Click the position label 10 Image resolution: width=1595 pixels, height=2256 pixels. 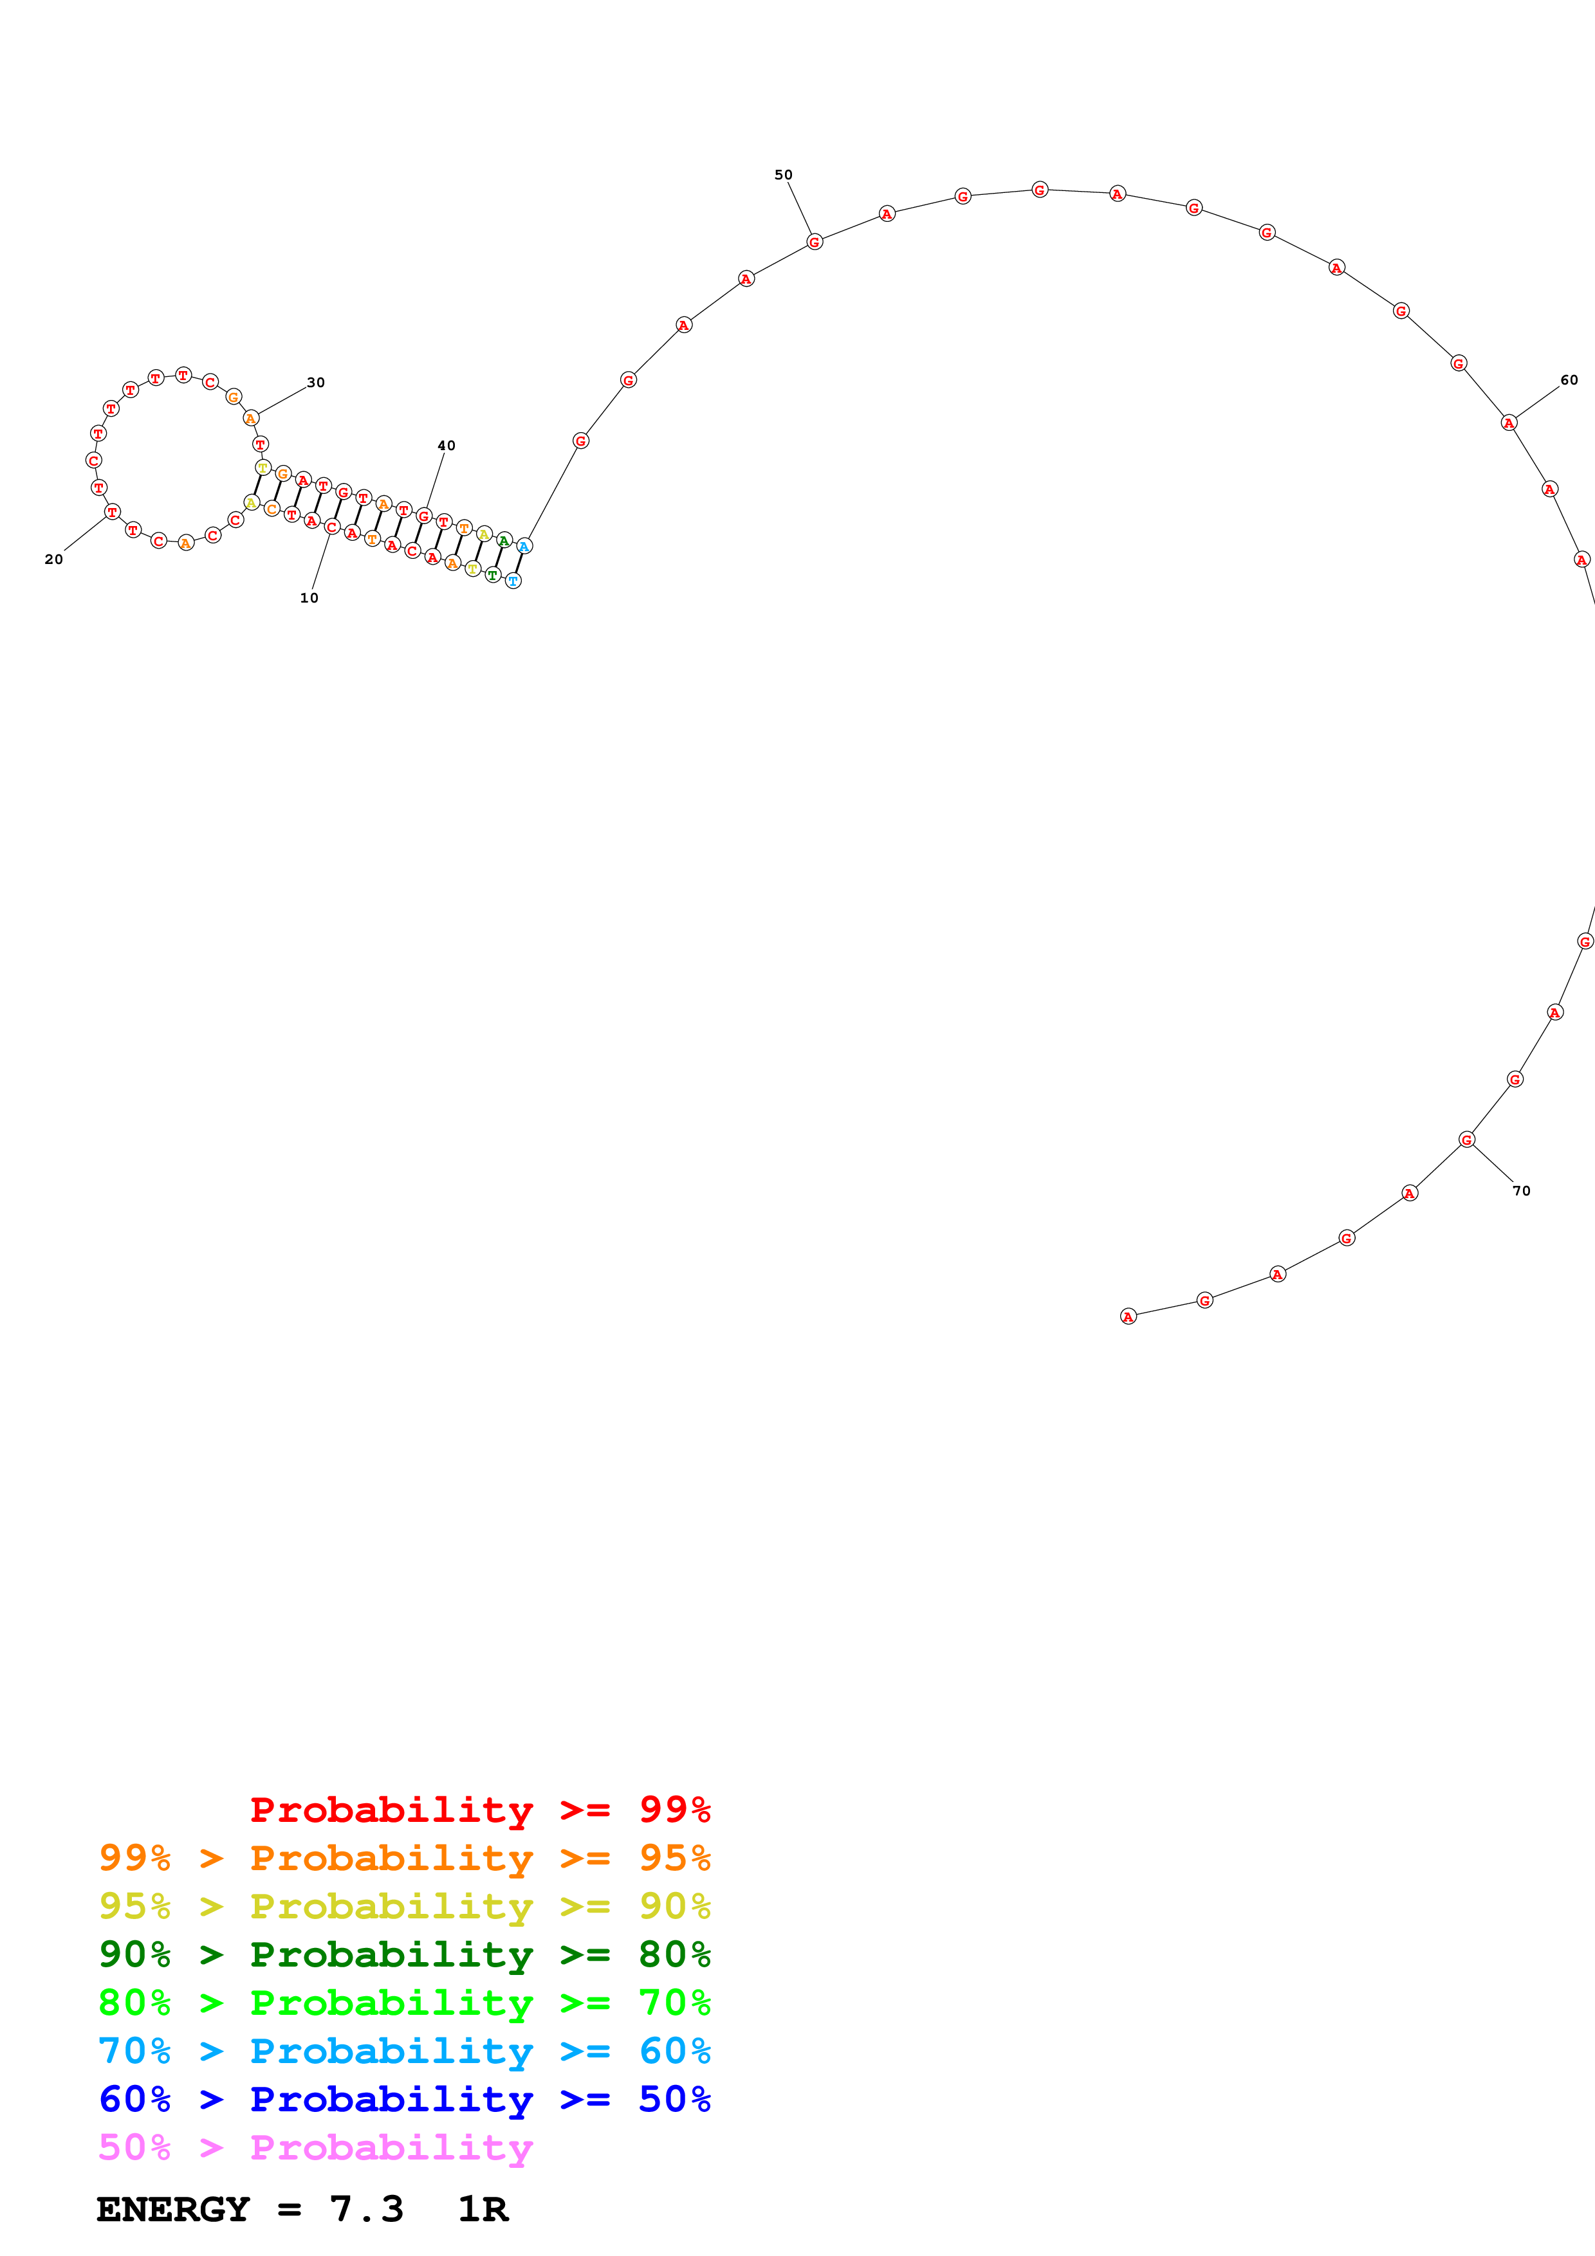[x=309, y=597]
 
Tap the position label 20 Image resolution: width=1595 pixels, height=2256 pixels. [x=54, y=559]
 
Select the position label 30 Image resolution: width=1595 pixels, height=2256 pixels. [x=315, y=382]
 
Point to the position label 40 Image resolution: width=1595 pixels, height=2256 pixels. [x=446, y=445]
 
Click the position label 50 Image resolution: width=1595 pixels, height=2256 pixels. [x=783, y=175]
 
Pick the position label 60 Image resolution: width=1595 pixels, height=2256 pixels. [x=1569, y=380]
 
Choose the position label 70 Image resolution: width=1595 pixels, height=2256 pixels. [x=1521, y=1191]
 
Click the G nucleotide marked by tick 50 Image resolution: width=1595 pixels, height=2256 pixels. [x=814, y=242]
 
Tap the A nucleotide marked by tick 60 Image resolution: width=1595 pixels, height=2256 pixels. [x=1509, y=423]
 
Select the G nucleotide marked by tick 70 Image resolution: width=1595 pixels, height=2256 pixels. [x=1466, y=1140]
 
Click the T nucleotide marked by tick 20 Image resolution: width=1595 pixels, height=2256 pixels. [x=112, y=512]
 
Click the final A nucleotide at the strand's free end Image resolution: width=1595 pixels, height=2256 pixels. [x=1128, y=1316]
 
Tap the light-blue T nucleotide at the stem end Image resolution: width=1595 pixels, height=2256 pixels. [x=513, y=581]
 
